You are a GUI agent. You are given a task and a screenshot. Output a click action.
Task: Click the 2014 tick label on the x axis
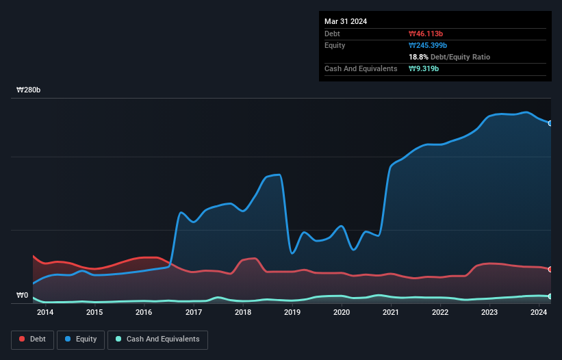click(x=45, y=312)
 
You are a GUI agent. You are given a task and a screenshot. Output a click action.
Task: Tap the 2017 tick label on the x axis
click(x=193, y=312)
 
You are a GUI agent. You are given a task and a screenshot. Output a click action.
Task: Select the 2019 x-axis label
click(x=292, y=312)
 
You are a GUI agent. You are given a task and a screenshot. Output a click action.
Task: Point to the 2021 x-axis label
click(x=391, y=312)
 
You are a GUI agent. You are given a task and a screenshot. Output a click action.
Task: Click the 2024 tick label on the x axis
click(x=539, y=312)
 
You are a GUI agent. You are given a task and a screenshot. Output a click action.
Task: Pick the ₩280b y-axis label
click(x=28, y=90)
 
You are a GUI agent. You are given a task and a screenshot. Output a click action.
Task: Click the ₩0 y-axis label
click(x=22, y=296)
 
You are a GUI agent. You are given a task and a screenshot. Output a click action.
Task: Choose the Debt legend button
click(x=33, y=339)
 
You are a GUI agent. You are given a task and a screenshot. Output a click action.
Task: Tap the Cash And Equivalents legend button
click(x=157, y=339)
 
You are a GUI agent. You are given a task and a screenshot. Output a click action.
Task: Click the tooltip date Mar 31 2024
click(x=346, y=21)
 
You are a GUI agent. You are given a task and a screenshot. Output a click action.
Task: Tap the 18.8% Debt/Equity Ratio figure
click(x=449, y=57)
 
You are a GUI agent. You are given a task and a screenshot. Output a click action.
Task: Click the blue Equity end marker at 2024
click(x=550, y=123)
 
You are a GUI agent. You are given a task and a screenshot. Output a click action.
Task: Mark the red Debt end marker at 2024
click(x=550, y=269)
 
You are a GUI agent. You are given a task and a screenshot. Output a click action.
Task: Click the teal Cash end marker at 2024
click(x=550, y=296)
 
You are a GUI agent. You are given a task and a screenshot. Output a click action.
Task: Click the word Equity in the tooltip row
click(x=335, y=45)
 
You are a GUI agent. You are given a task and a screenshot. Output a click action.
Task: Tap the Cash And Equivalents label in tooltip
click(x=361, y=68)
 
